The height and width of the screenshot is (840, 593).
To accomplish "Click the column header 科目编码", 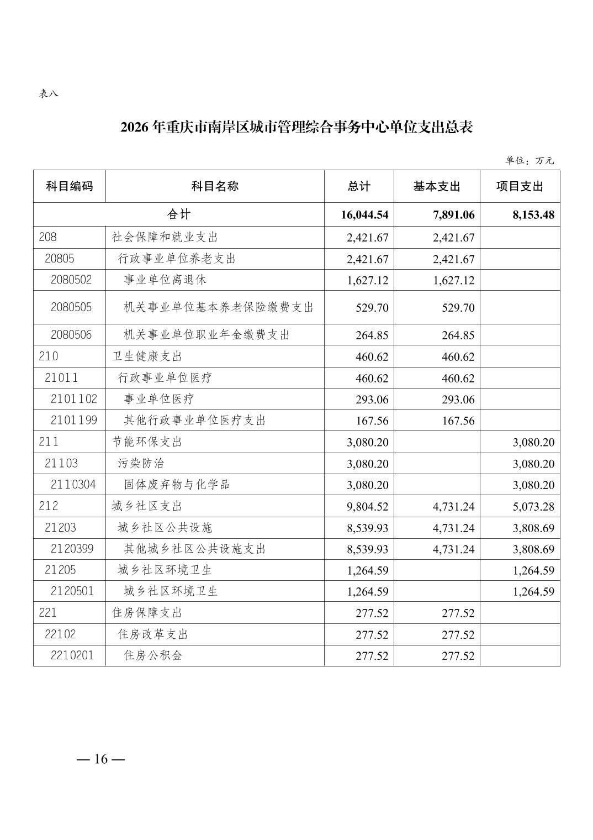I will (x=69, y=186).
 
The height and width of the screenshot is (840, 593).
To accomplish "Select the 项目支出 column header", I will (x=520, y=186).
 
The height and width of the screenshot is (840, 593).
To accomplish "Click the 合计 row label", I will (x=178, y=214).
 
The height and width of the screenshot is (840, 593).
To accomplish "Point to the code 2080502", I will (x=71, y=280).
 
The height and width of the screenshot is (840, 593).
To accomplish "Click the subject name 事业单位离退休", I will (x=165, y=280).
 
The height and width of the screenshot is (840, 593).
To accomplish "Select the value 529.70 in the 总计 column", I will (x=372, y=308).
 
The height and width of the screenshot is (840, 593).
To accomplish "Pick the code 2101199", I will (x=73, y=421).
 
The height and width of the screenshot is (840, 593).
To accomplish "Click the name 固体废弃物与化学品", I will (x=177, y=485).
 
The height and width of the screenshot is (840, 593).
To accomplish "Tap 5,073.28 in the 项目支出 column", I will (x=533, y=506).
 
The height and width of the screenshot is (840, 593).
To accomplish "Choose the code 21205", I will (x=60, y=570).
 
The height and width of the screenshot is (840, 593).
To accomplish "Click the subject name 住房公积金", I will (x=153, y=655).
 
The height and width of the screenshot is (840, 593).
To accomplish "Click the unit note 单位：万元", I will (x=529, y=161).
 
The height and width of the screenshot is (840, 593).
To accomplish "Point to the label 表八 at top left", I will (x=48, y=93).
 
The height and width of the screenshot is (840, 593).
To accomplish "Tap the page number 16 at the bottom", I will (x=101, y=759).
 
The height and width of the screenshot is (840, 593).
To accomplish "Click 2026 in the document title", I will (x=135, y=128).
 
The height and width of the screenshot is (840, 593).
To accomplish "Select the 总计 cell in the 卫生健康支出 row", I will (x=372, y=357).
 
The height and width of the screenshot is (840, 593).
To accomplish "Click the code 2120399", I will (x=72, y=549).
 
